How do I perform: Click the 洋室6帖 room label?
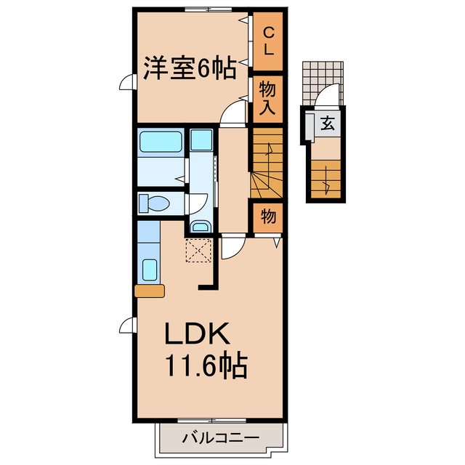(x=188, y=69)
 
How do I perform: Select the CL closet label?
(x=267, y=41)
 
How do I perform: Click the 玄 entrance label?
(x=327, y=124)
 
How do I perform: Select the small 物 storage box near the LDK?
(x=267, y=217)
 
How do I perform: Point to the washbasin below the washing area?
(x=200, y=226)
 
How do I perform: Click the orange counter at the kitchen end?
(x=150, y=291)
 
